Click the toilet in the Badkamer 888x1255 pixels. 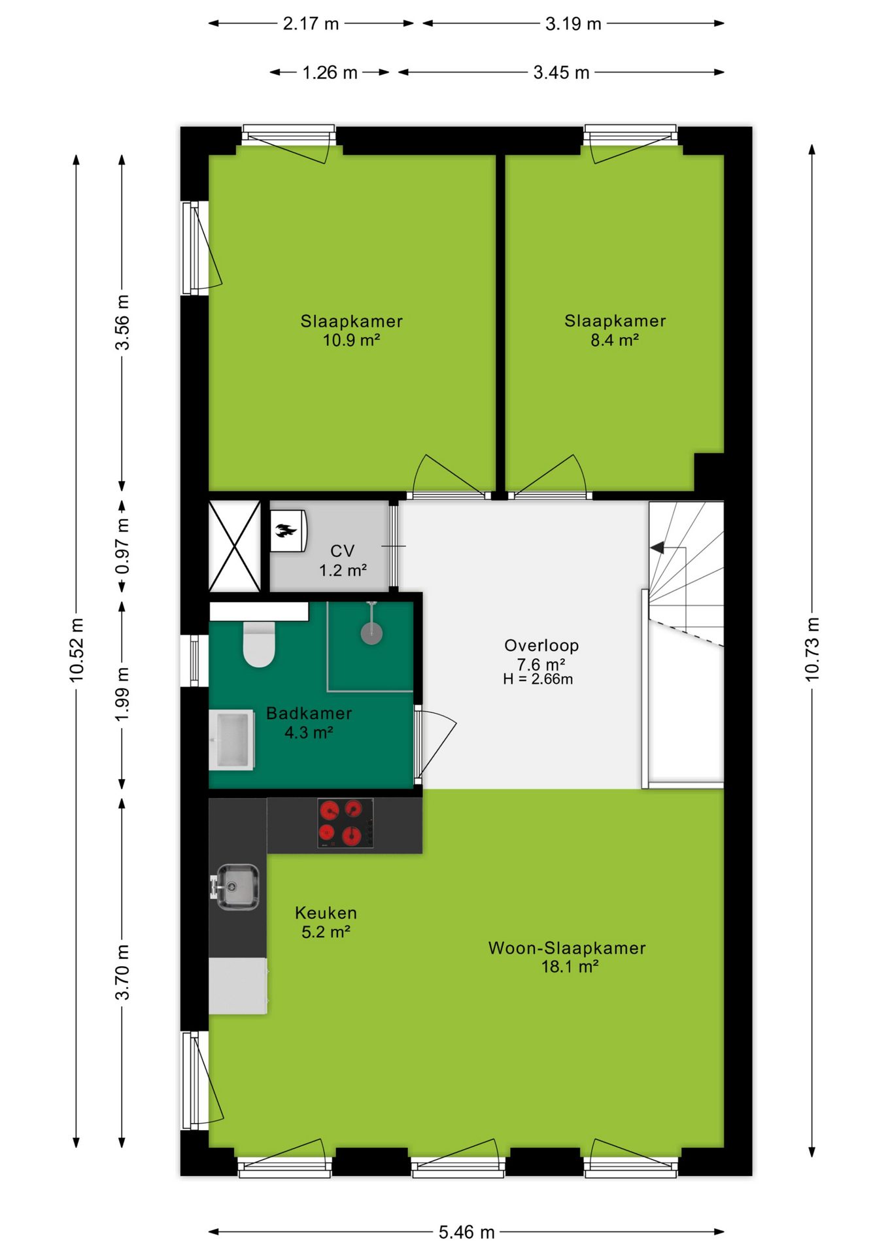pyautogui.click(x=259, y=644)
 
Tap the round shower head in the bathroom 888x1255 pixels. pyautogui.click(x=371, y=633)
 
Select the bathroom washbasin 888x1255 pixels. pyautogui.click(x=232, y=739)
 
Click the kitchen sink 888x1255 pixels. pyautogui.click(x=235, y=886)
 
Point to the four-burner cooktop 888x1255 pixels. pyautogui.click(x=346, y=824)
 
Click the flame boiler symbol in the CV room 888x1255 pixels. pyautogui.click(x=286, y=530)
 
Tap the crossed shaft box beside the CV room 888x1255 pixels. pyautogui.click(x=234, y=546)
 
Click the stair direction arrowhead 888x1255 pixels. pyautogui.click(x=657, y=547)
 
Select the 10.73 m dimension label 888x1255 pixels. pyautogui.click(x=811, y=649)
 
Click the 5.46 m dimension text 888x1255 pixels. pyautogui.click(x=466, y=1232)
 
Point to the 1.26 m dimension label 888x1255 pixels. pyautogui.click(x=330, y=72)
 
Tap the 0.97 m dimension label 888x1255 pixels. pyautogui.click(x=122, y=546)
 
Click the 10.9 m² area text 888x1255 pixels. pyautogui.click(x=351, y=340)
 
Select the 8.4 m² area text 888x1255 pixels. pyautogui.click(x=615, y=340)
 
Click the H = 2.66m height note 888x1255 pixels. pyautogui.click(x=538, y=679)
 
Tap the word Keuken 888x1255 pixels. pyautogui.click(x=326, y=912)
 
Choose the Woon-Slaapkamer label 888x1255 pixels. pyautogui.click(x=567, y=948)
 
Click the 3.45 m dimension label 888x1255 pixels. pyautogui.click(x=561, y=72)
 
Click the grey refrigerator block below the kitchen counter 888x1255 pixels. pyautogui.click(x=238, y=986)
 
